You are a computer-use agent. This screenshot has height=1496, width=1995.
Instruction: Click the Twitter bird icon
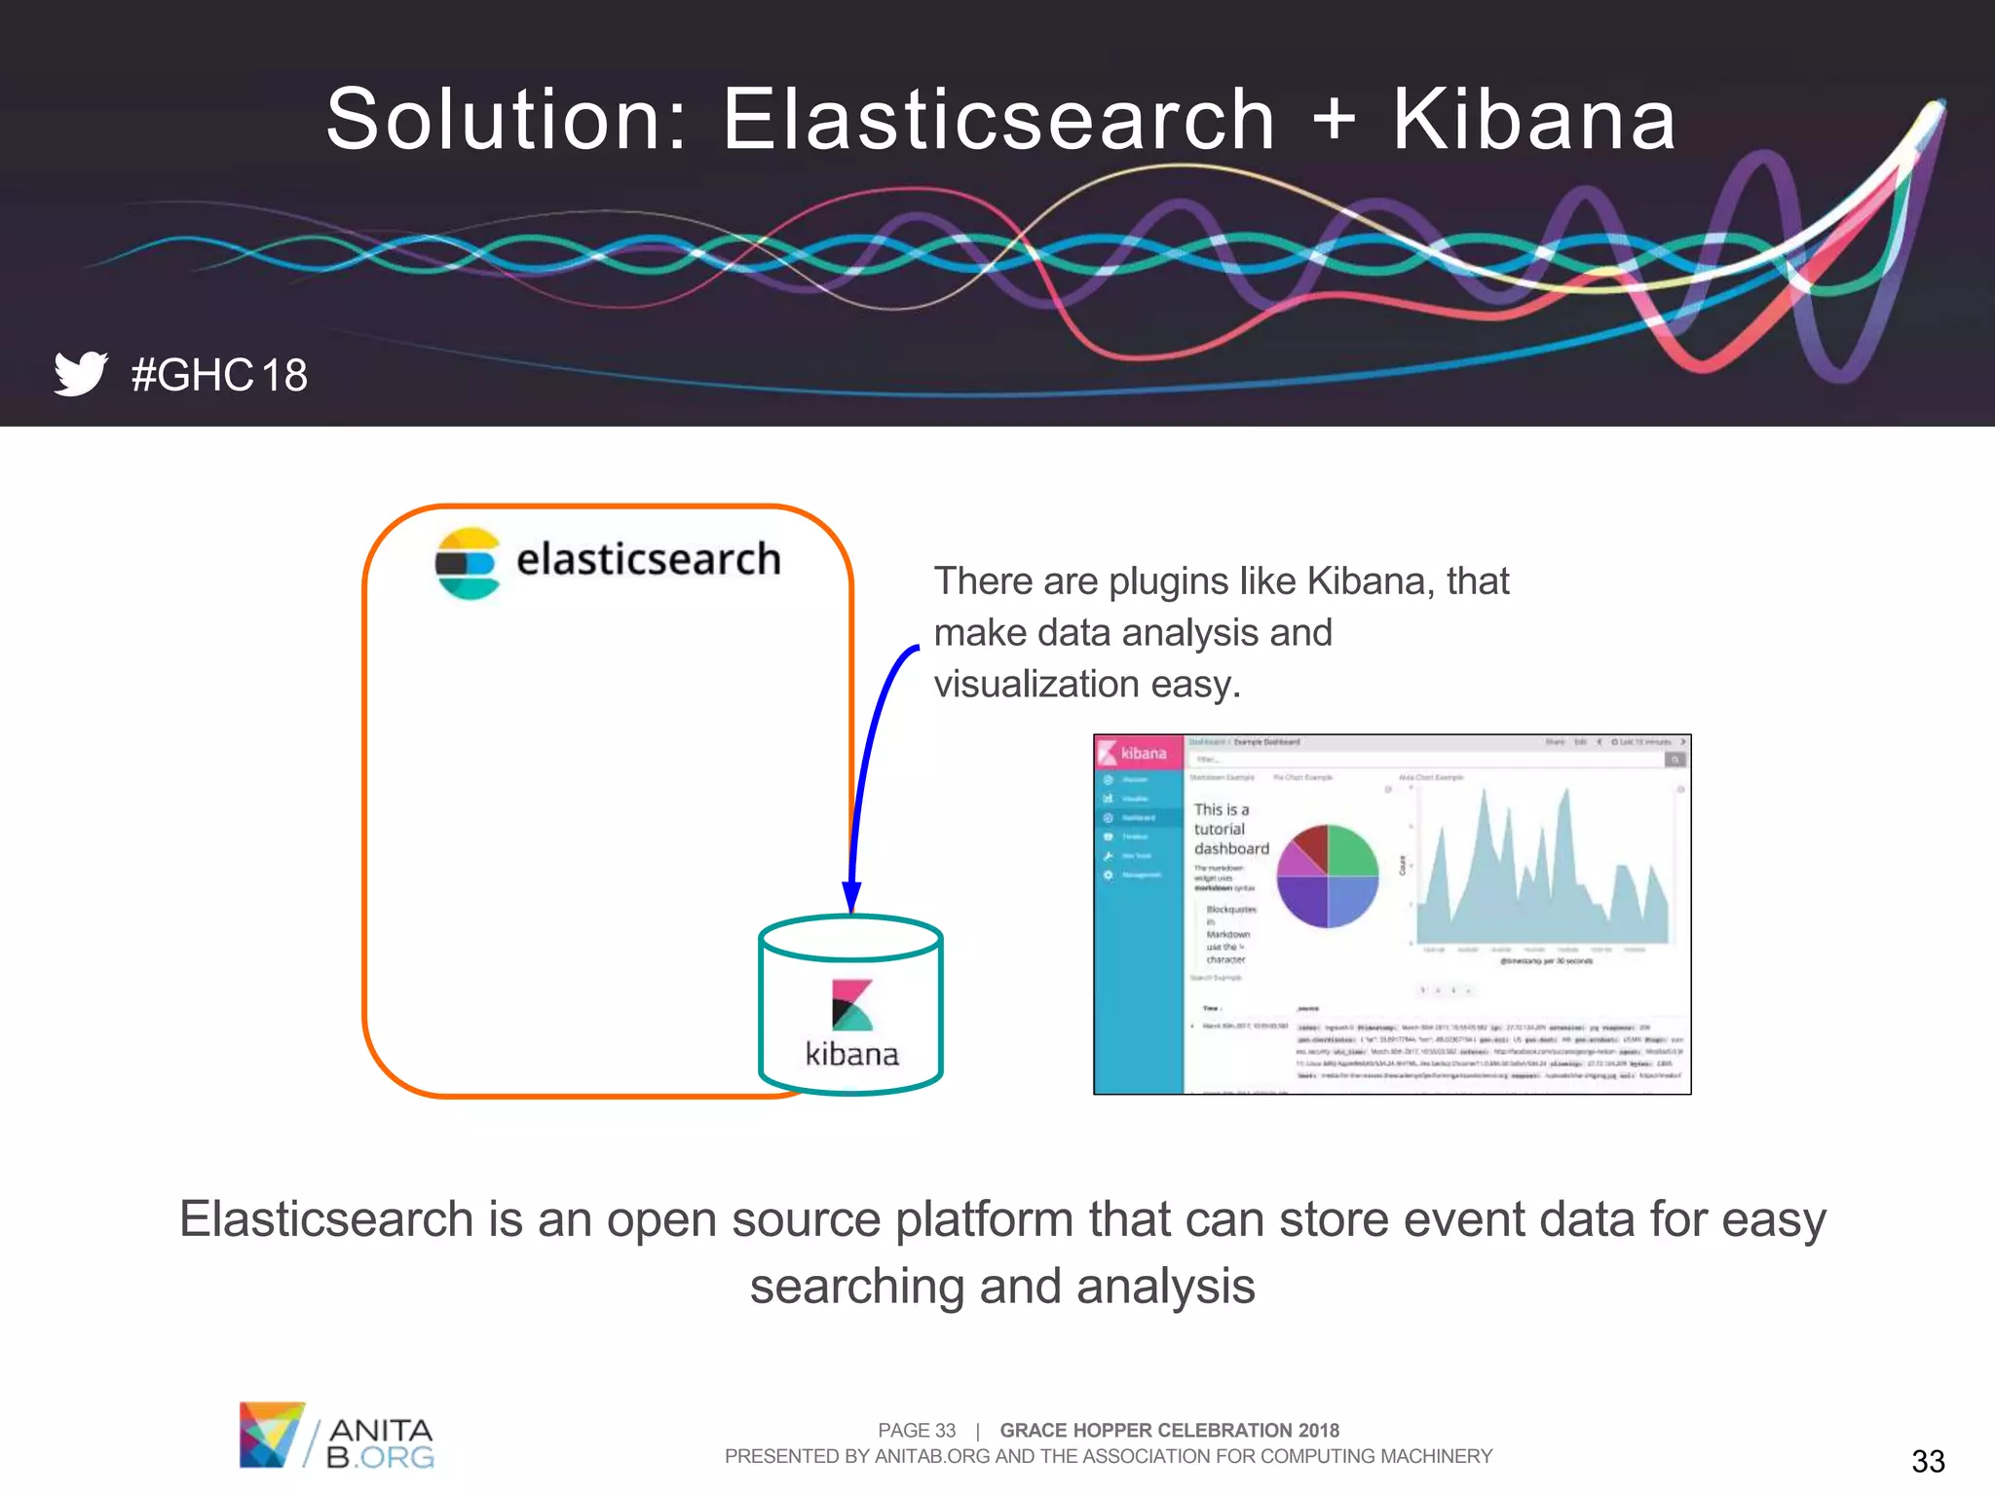tap(80, 373)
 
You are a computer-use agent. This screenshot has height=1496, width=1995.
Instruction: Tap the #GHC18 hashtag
tap(219, 376)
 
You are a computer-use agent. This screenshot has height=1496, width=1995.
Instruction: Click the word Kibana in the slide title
tap(1533, 120)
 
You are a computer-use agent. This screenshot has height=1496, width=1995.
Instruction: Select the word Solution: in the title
tap(507, 120)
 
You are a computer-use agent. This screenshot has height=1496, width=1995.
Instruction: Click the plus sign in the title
tap(1334, 120)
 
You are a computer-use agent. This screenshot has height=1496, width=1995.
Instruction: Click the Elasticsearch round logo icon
tap(468, 563)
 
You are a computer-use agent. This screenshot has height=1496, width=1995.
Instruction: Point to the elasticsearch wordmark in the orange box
tap(648, 560)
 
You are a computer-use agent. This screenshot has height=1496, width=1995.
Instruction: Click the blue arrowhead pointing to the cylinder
tap(851, 896)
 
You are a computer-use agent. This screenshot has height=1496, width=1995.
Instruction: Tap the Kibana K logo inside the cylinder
tap(851, 1005)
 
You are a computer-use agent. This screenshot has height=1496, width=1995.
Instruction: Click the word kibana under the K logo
tap(851, 1055)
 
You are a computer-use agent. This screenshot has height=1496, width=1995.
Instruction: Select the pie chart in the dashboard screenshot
tap(1328, 876)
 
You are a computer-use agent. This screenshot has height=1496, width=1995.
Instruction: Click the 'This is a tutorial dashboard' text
tap(1229, 829)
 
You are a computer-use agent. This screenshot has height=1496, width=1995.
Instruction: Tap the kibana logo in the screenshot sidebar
tap(1134, 753)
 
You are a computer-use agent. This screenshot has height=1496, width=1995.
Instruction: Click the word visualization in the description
tap(1036, 685)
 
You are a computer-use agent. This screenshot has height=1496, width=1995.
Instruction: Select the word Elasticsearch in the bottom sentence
tap(326, 1219)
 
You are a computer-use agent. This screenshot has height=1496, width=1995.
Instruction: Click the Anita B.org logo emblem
tap(272, 1435)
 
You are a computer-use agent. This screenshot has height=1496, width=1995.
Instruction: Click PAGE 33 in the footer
tap(916, 1430)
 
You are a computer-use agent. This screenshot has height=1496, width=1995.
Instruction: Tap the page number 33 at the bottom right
tap(1928, 1461)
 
